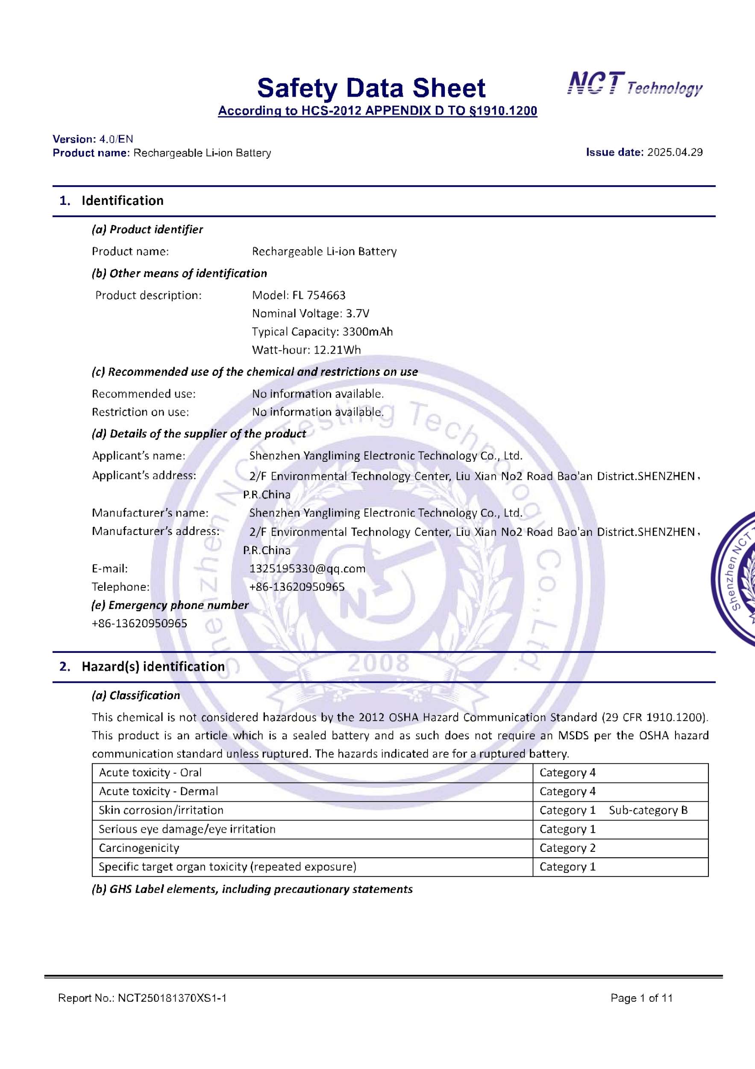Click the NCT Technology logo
point(635,85)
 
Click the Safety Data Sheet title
point(371,88)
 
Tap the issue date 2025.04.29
point(675,152)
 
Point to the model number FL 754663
point(319,295)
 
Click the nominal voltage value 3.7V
point(357,313)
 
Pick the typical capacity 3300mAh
point(367,331)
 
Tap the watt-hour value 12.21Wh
point(337,350)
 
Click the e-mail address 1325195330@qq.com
point(308,568)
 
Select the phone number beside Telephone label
point(297,587)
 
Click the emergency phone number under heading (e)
point(140,623)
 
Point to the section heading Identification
point(122,201)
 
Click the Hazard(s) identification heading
point(153,667)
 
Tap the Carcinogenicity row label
point(138,848)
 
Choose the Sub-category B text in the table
point(648,810)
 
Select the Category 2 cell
point(567,848)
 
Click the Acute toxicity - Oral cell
point(150,772)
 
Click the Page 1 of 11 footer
point(641,998)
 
